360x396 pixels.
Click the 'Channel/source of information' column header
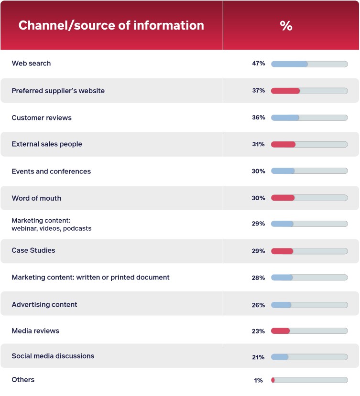point(111,25)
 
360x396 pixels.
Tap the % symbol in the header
point(286,26)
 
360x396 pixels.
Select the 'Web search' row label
point(31,64)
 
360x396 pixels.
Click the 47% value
point(259,64)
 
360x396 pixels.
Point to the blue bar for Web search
point(289,64)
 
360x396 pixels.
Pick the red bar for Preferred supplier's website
point(285,91)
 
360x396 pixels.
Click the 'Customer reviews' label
point(42,118)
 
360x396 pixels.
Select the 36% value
point(259,118)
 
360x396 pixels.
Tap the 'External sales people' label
point(47,144)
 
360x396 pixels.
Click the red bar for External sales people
point(283,144)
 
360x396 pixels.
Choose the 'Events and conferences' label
point(51,171)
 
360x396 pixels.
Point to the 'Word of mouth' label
point(36,198)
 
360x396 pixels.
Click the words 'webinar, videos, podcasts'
point(52,228)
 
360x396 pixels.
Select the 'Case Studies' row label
point(33,250)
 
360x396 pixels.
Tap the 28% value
point(259,278)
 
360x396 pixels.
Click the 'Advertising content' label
point(44,304)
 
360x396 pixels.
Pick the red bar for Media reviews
point(280,331)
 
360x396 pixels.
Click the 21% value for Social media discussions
point(259,357)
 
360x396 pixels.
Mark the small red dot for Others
point(273,380)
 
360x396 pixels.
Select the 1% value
point(259,380)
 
